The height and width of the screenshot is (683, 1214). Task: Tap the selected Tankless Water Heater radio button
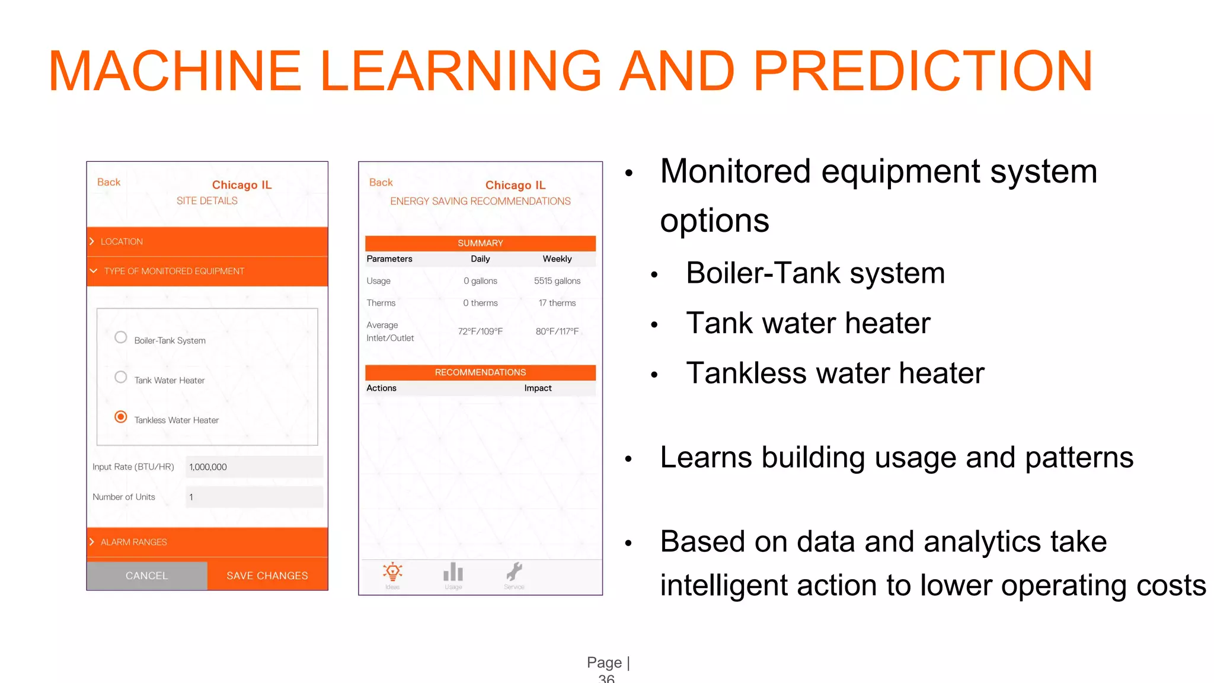(x=121, y=417)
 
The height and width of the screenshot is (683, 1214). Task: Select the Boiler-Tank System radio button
(x=121, y=337)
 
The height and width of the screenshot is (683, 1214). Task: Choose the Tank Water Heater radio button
(x=121, y=377)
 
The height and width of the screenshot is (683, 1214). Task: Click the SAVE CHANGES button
(x=267, y=576)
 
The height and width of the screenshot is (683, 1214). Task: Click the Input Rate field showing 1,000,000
(x=254, y=467)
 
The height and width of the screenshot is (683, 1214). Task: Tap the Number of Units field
(x=254, y=497)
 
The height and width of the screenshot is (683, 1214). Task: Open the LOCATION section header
(x=207, y=242)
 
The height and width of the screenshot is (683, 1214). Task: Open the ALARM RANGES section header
(x=207, y=542)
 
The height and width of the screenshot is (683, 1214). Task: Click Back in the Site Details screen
(x=108, y=182)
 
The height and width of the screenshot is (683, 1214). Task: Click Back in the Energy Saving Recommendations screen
(x=381, y=183)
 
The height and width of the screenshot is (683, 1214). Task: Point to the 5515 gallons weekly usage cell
(x=557, y=281)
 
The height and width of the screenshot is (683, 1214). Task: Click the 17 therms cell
(x=557, y=303)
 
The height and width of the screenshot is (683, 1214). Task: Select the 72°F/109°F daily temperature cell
(x=480, y=331)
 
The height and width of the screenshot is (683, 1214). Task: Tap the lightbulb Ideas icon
(x=392, y=573)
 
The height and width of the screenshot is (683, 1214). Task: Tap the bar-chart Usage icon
(x=453, y=573)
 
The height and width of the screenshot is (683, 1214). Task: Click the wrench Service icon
(x=514, y=573)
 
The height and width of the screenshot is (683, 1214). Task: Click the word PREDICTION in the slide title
(x=922, y=71)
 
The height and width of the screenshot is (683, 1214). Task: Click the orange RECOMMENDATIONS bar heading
(x=480, y=372)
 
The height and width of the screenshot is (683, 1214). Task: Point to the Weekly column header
(x=557, y=259)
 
